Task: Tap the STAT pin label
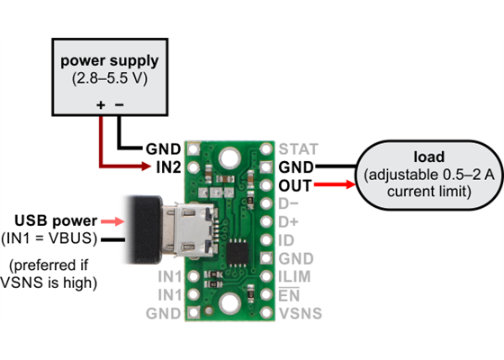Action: pos(297,148)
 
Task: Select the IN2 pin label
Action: pos(163,167)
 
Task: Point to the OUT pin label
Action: pos(296,185)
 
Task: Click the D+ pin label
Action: pos(291,221)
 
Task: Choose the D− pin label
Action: pos(291,203)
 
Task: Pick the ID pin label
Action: pos(287,240)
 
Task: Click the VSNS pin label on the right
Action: pos(300,313)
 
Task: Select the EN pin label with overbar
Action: pos(289,295)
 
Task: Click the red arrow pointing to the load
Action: pos(336,185)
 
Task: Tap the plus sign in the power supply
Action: pos(100,105)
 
